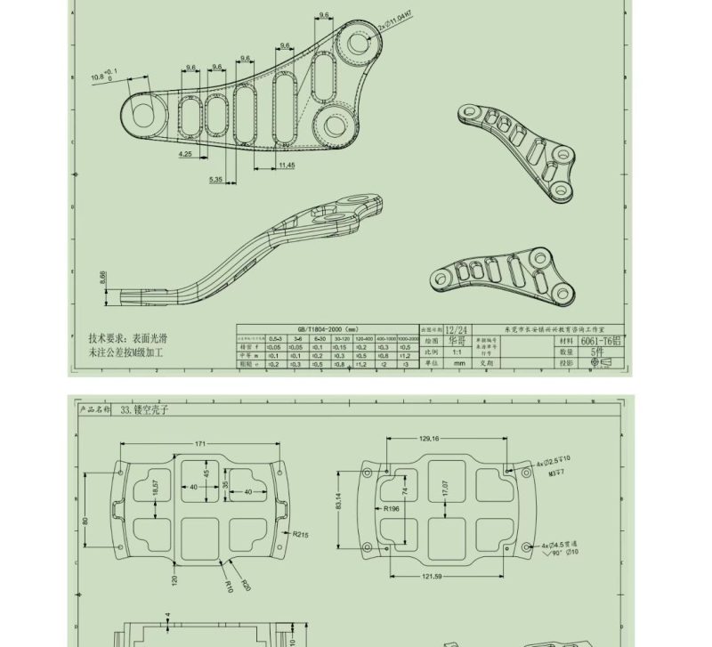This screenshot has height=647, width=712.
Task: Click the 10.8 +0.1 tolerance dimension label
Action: (103, 76)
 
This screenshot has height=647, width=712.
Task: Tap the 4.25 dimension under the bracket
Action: (185, 154)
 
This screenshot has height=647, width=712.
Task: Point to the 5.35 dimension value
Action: (216, 180)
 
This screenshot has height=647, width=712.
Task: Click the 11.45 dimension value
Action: (286, 166)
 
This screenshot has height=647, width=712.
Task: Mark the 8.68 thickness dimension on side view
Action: (103, 278)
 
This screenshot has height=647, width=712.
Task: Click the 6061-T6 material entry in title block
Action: (602, 341)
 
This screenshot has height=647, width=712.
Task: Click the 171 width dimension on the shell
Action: (199, 443)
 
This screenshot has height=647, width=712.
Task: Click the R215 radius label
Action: (300, 535)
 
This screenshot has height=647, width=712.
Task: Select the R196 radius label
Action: (392, 510)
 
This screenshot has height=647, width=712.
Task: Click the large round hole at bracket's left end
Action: (142, 112)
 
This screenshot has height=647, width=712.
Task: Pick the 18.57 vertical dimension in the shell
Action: (156, 489)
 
